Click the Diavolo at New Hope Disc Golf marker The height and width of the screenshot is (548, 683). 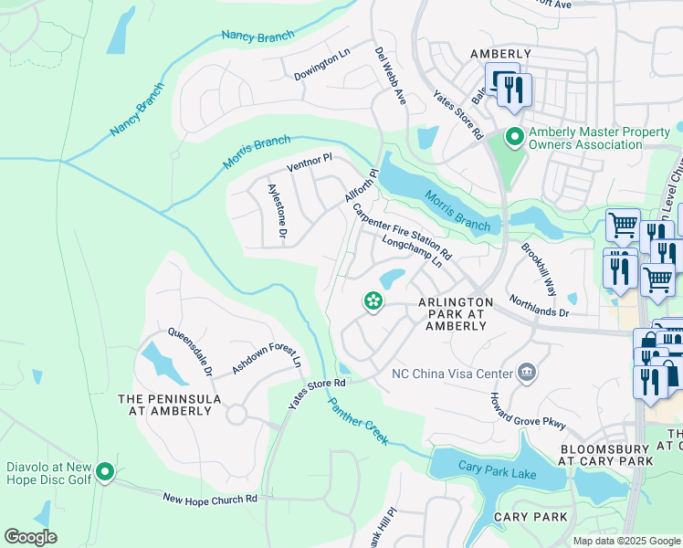106,472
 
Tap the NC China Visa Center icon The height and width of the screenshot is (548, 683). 526,372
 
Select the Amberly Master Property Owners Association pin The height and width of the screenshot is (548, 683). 514,138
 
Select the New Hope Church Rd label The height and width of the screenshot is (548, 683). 210,499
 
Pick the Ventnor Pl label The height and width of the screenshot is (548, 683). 310,163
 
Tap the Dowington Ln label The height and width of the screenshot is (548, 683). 322,67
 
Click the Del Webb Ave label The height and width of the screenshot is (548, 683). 390,76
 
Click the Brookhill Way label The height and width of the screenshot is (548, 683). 539,269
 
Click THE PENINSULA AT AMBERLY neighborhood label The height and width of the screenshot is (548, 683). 170,406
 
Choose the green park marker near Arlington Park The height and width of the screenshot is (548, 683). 373,300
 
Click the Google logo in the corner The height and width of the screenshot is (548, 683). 31,537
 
